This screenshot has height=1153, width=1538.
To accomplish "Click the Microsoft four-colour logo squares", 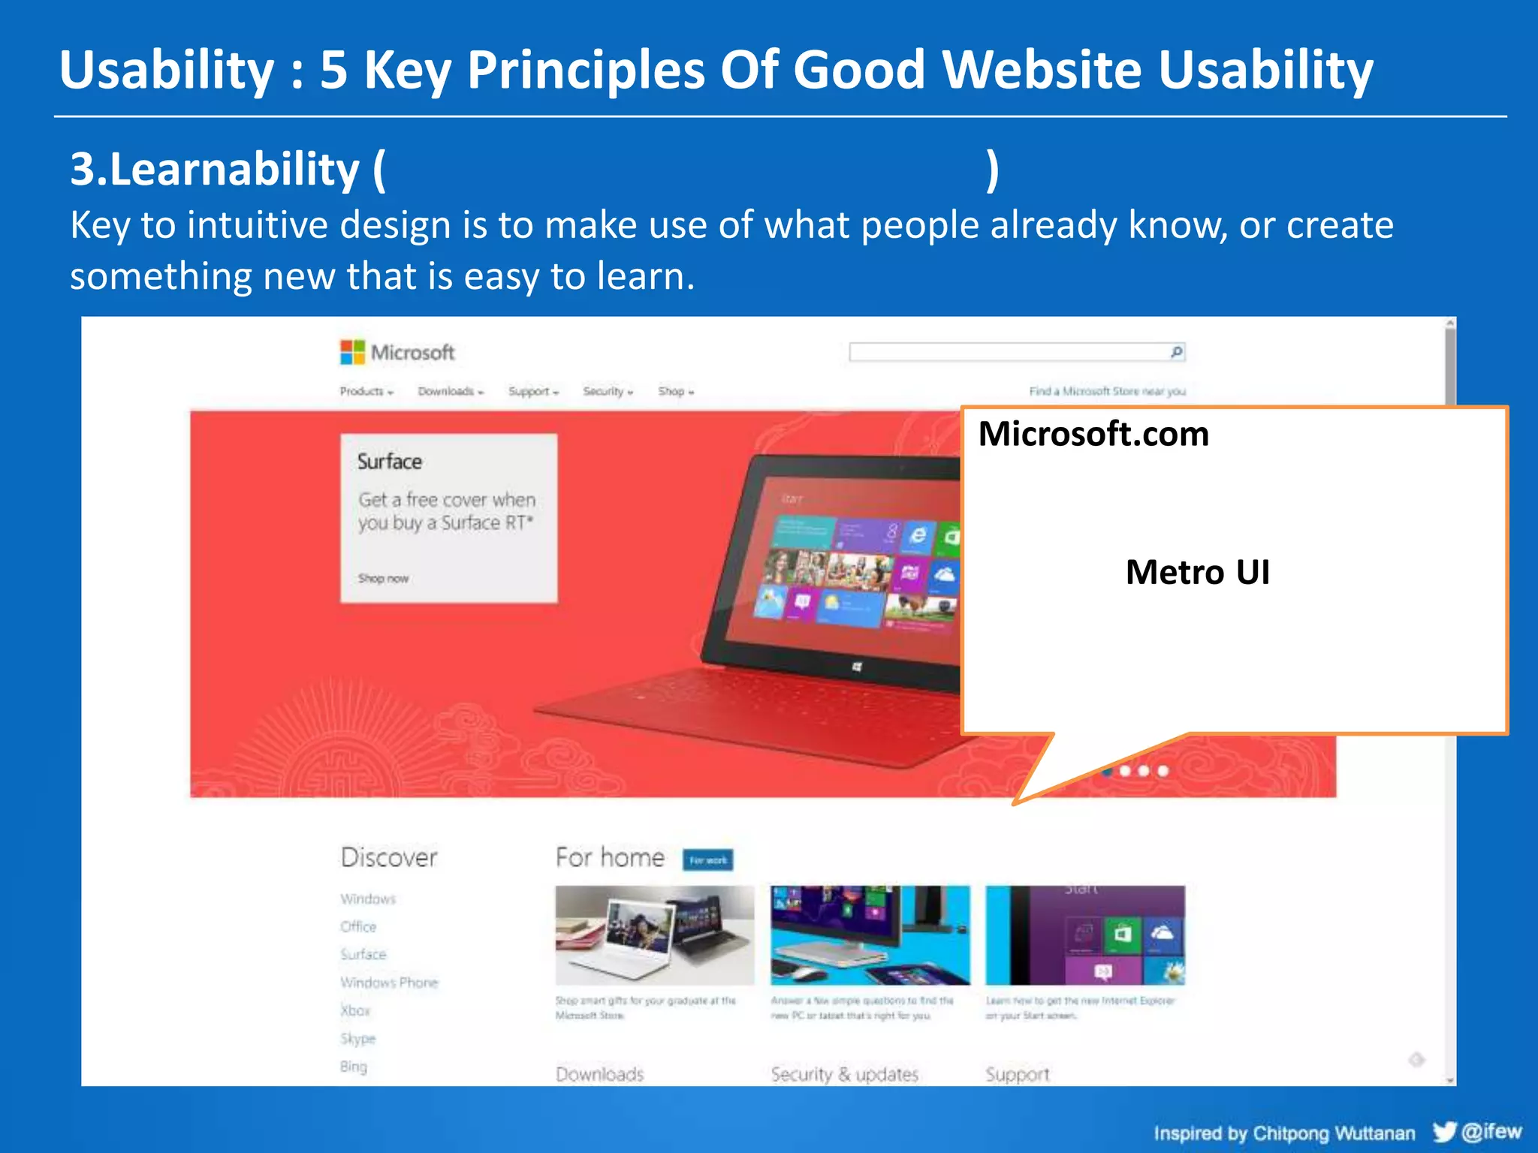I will click(351, 352).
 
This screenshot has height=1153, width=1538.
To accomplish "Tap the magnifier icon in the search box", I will click(1176, 352).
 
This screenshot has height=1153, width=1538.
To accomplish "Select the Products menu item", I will click(366, 391).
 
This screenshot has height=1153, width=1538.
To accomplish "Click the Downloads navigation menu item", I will click(450, 391).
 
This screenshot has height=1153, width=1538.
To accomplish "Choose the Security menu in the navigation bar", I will click(608, 391).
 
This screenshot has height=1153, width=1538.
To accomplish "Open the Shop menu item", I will click(675, 391).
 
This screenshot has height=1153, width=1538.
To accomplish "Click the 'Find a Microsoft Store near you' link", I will click(1107, 391).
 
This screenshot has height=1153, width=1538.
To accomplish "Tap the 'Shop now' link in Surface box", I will click(383, 578).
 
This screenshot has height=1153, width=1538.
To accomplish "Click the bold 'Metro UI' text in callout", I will click(1197, 573).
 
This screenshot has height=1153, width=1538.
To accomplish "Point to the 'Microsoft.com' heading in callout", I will click(1093, 435).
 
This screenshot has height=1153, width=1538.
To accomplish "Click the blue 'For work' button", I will click(707, 860).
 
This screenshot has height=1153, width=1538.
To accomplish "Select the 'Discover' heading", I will click(388, 857).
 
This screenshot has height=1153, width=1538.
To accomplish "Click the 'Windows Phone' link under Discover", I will click(389, 983).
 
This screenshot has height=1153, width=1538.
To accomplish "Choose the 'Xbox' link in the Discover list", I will click(355, 1010).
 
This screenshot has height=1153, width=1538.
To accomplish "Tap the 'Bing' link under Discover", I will click(354, 1067).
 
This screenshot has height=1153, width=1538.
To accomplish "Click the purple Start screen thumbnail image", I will click(1084, 935).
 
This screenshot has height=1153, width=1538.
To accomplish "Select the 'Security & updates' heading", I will click(844, 1074).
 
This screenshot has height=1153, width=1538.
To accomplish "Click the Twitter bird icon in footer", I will click(1443, 1131).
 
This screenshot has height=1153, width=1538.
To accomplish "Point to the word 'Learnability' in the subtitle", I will click(234, 169).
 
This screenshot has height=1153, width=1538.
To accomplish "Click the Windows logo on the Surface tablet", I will click(857, 667).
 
